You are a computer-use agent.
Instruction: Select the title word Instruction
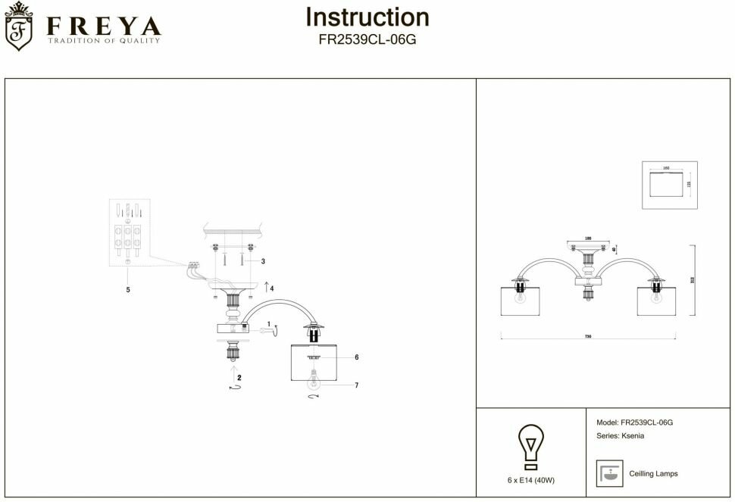click(367, 17)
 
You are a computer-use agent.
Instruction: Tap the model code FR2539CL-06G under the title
click(367, 41)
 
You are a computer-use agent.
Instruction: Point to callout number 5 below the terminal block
click(128, 290)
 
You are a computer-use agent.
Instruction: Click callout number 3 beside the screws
click(262, 261)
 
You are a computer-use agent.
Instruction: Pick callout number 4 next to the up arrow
click(271, 288)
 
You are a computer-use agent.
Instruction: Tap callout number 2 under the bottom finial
click(239, 376)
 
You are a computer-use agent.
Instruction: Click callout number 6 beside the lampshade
click(356, 357)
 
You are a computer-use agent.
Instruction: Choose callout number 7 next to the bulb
click(356, 385)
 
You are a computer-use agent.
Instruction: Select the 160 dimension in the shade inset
click(666, 167)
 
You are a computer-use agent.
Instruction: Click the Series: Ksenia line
click(621, 437)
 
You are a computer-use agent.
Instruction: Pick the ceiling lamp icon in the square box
click(608, 473)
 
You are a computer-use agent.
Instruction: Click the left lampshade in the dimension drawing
click(521, 302)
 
